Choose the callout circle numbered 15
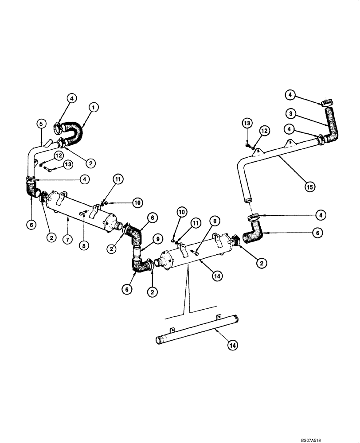tap(310, 187)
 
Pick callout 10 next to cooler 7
tap(137, 202)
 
